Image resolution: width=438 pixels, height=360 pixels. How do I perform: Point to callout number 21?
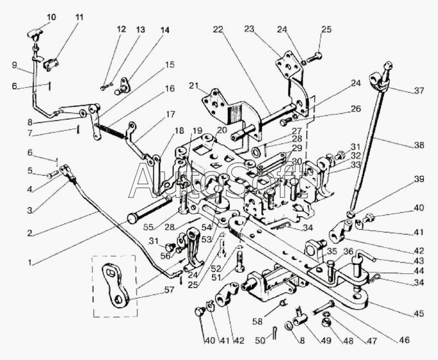click(195, 85)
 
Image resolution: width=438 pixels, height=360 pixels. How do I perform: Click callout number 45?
click(419, 314)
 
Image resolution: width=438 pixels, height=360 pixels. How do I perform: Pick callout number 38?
click(419, 145)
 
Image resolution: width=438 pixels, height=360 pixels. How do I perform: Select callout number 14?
click(166, 30)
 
